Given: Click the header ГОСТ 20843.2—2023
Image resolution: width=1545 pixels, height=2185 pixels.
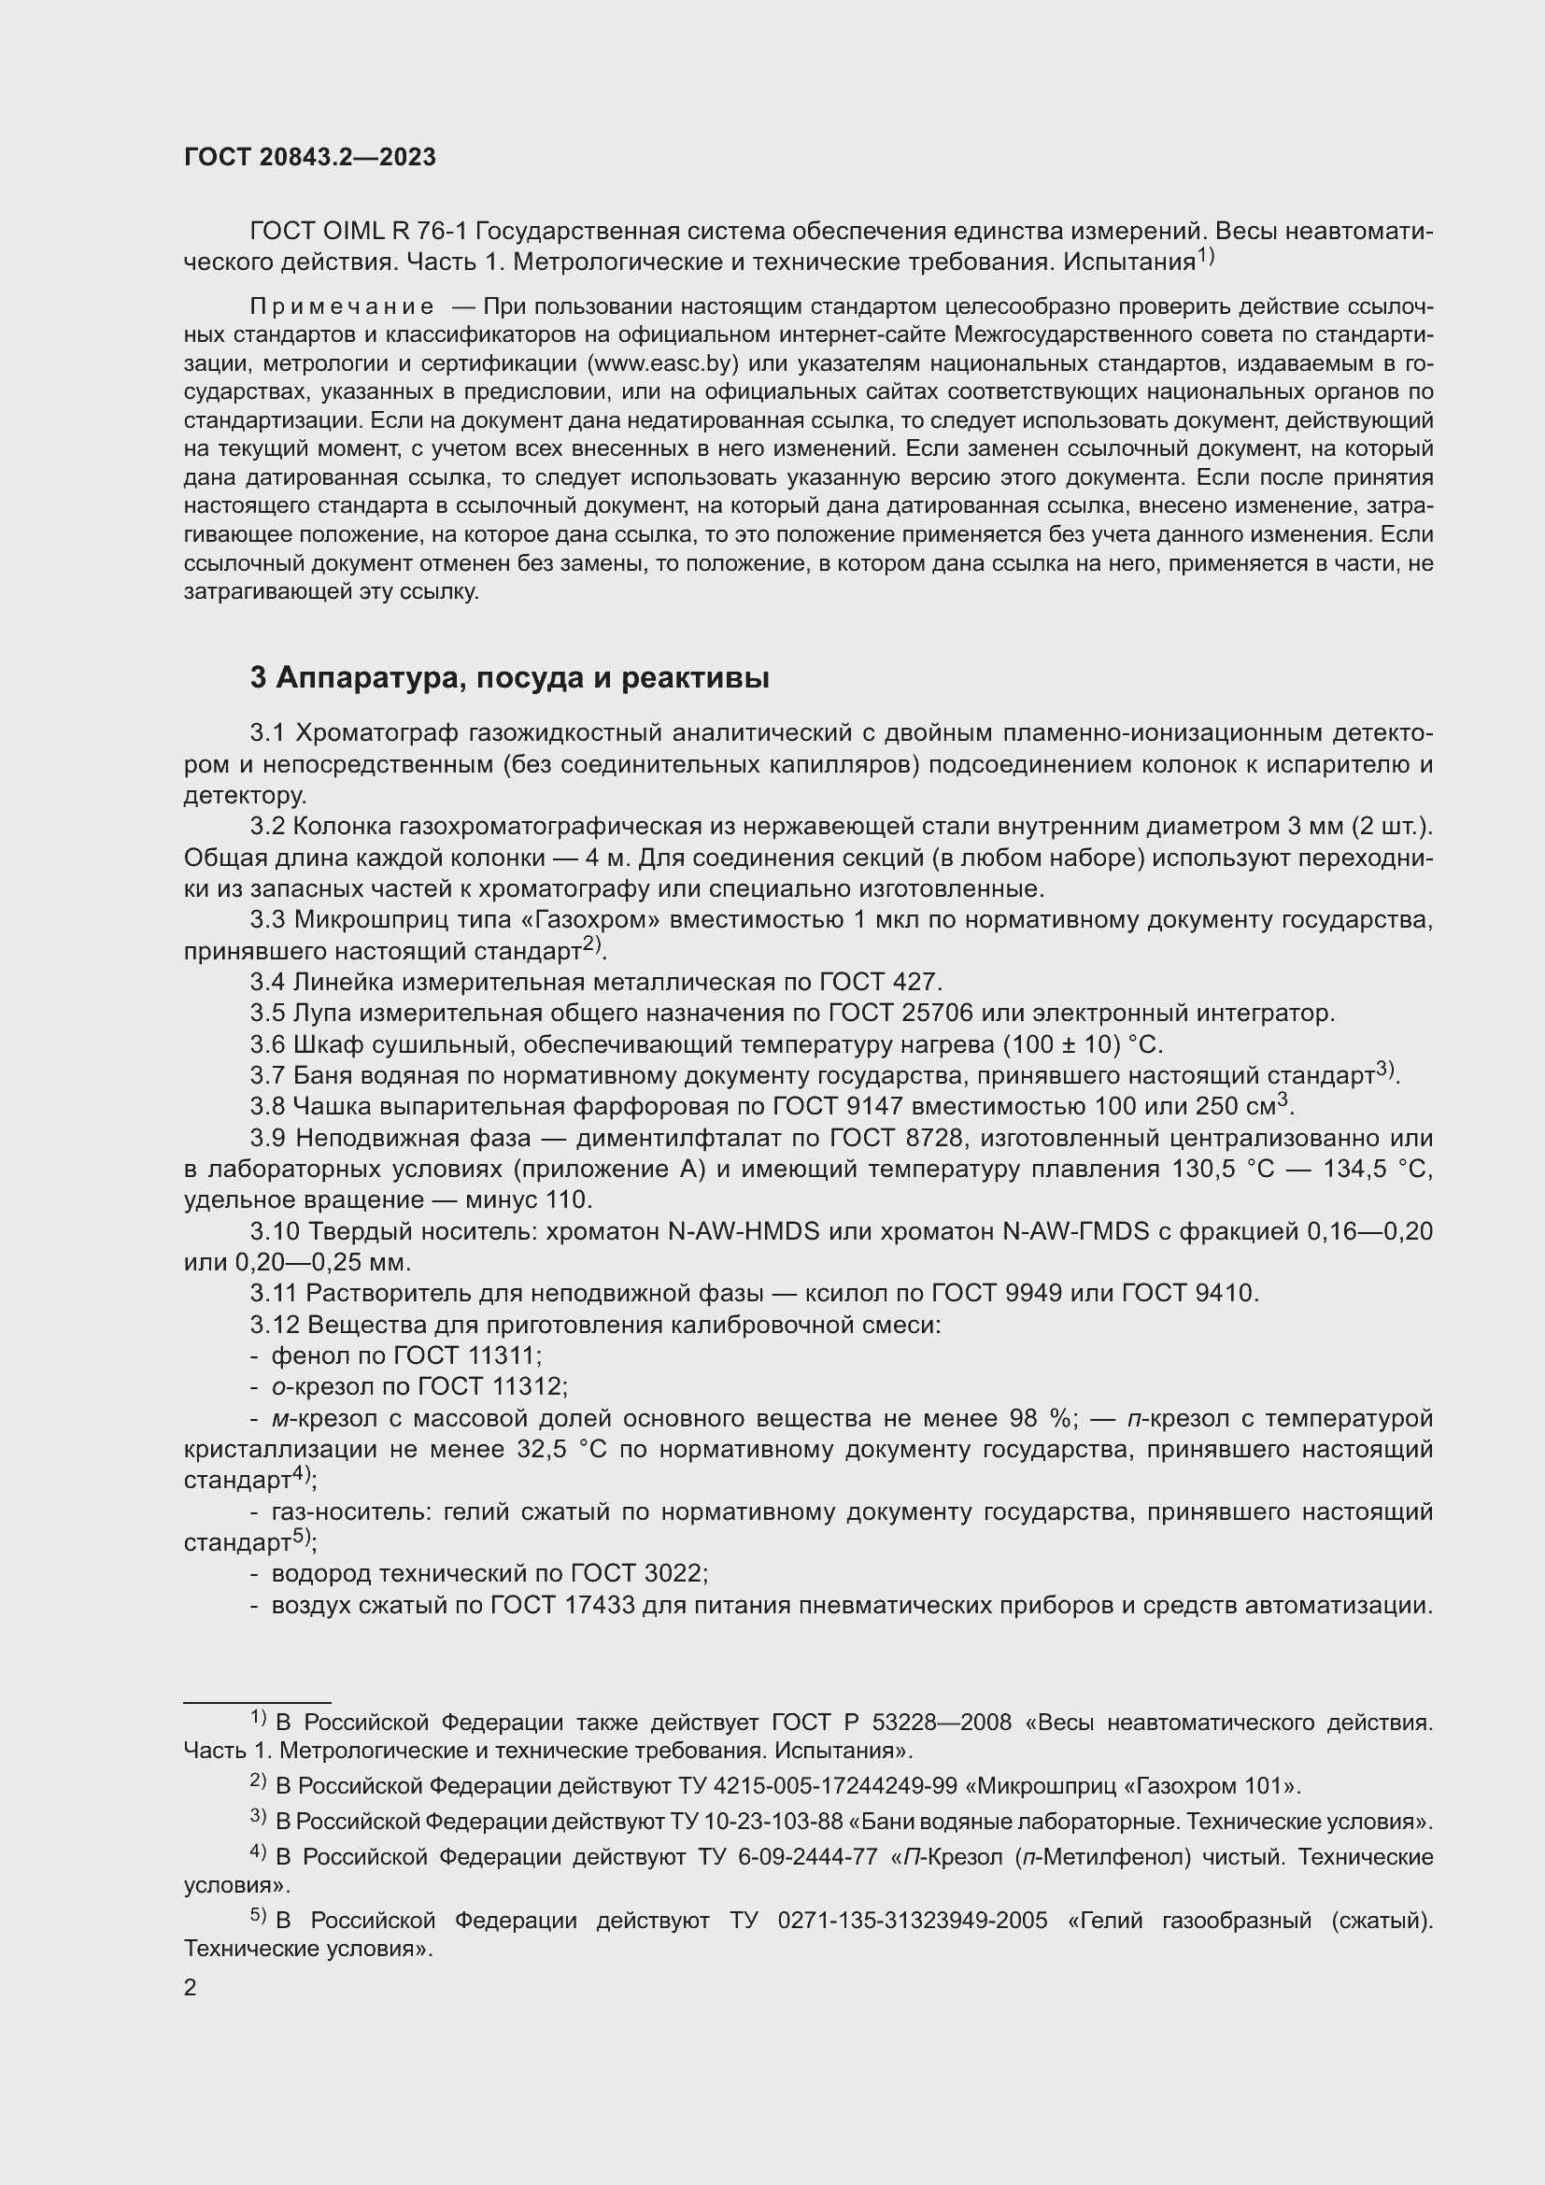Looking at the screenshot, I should tap(310, 158).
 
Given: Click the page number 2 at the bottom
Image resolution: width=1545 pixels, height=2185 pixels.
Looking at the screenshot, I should tap(191, 1988).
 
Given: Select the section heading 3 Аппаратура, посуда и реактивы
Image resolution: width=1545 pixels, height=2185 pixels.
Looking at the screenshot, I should tap(510, 677).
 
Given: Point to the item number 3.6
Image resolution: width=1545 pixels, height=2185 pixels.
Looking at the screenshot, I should tap(267, 1045).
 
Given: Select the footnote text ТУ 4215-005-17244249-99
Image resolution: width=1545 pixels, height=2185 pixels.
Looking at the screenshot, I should tap(816, 1786).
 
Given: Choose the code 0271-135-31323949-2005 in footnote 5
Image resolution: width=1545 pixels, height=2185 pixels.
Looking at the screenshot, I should tap(912, 1921).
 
